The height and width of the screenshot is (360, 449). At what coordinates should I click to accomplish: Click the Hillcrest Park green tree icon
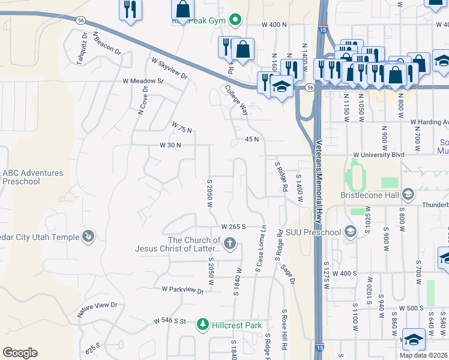point(203,325)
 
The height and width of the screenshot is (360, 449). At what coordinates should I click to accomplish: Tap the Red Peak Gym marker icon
point(236,20)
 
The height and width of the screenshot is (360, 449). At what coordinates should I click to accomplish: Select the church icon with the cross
point(230,244)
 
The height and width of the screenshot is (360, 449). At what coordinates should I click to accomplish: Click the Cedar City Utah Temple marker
point(89,237)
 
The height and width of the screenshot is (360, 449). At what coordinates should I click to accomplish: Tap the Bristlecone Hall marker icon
point(408,194)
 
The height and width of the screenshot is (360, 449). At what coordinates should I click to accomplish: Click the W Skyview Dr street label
point(170,68)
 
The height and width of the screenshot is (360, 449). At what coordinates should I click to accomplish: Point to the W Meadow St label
point(143,80)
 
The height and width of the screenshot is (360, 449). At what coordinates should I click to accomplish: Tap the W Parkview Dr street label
point(182,289)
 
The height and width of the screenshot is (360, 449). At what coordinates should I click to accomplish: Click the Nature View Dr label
point(97,309)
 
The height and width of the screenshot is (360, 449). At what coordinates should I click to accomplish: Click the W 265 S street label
point(235,227)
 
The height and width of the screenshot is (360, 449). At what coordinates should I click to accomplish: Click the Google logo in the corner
point(20,353)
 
